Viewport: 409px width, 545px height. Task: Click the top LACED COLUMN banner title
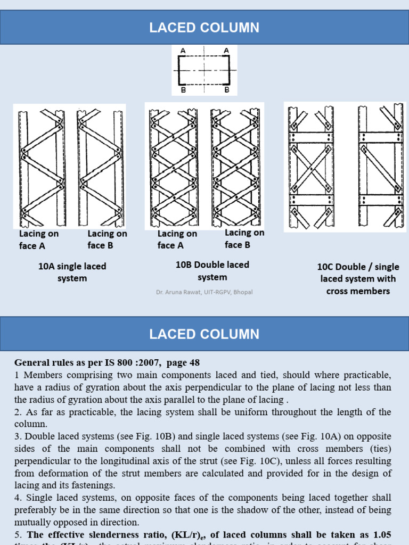[204, 28]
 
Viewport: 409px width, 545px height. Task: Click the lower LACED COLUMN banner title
[204, 334]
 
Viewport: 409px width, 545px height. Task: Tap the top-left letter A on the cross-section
[183, 51]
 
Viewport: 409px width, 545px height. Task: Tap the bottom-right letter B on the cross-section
[226, 90]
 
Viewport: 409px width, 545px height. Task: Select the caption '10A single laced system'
[72, 272]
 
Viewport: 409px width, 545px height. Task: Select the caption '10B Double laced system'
[212, 271]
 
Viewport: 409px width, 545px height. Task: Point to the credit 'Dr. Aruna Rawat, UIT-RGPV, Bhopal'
[204, 292]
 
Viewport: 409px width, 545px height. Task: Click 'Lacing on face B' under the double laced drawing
[244, 238]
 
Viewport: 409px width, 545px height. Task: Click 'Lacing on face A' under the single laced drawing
[38, 240]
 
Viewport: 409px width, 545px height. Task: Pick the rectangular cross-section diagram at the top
[204, 70]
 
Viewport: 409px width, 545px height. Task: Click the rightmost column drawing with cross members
[380, 166]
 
